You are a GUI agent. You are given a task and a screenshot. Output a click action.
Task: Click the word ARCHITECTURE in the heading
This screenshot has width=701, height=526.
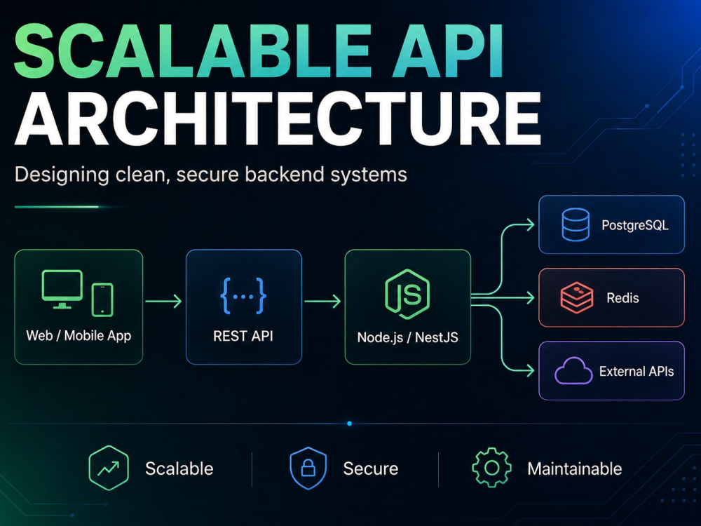click(x=277, y=119)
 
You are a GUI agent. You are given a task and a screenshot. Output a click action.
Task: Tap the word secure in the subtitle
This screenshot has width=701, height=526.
click(x=206, y=175)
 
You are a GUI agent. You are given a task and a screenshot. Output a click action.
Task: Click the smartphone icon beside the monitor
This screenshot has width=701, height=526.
click(x=102, y=299)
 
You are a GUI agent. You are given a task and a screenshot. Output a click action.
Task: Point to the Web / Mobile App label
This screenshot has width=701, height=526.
click(x=79, y=335)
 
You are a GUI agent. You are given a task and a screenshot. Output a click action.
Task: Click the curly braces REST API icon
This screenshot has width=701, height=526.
click(x=244, y=296)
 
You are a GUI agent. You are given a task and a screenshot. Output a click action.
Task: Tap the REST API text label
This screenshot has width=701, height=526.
click(x=243, y=336)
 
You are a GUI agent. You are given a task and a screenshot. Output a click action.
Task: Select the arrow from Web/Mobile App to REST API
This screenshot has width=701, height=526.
click(x=163, y=301)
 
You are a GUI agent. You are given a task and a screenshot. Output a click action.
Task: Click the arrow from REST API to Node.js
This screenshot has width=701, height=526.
click(x=322, y=301)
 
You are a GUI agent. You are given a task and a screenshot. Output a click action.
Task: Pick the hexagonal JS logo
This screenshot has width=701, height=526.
click(x=407, y=294)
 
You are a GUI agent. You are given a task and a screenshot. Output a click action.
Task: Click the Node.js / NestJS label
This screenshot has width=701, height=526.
click(x=408, y=337)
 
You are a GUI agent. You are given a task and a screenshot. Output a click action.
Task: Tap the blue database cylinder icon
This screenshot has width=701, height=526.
click(x=576, y=224)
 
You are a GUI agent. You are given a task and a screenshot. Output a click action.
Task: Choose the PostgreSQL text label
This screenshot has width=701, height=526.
click(x=635, y=225)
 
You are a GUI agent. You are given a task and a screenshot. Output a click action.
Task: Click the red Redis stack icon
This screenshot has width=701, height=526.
click(x=577, y=297)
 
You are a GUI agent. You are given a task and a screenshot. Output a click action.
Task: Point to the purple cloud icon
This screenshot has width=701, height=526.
click(x=573, y=371)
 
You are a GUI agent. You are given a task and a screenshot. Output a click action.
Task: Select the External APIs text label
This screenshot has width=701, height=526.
click(x=637, y=371)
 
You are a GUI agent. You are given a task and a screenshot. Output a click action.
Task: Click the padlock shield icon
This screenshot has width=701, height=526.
click(x=308, y=468)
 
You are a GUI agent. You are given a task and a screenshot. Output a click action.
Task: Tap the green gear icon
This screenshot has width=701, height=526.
click(x=492, y=468)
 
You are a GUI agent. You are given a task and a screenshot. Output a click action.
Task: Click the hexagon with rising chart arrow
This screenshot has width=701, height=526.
click(x=109, y=468)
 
